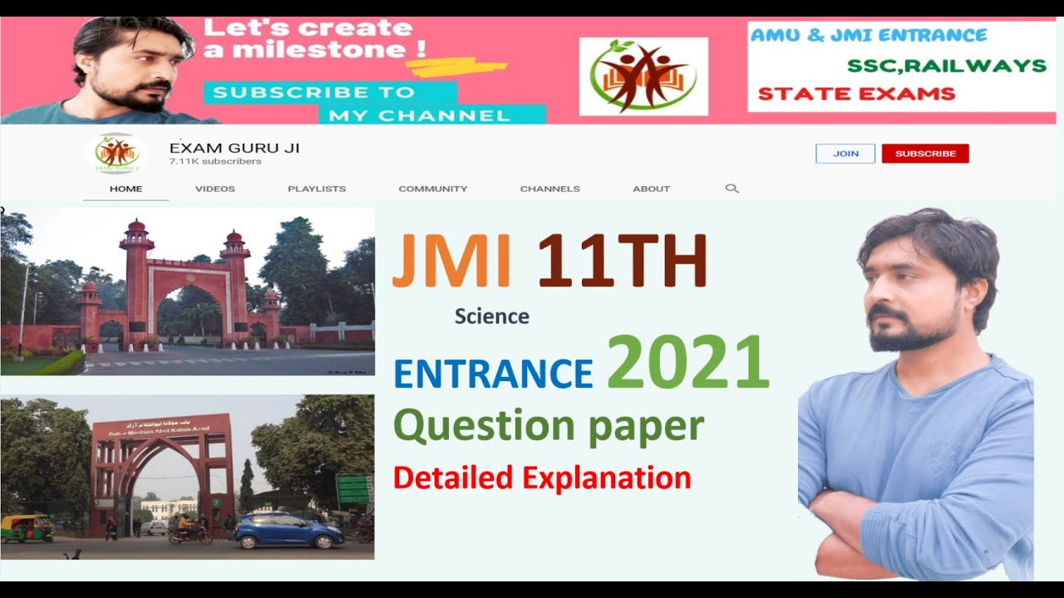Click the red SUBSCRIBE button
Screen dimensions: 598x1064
(x=925, y=154)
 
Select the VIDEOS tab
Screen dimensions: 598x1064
(x=215, y=189)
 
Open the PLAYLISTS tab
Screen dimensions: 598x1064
(x=317, y=189)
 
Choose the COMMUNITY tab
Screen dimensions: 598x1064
(x=433, y=189)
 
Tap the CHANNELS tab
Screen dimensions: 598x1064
(x=550, y=189)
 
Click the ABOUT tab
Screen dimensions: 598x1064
(x=652, y=189)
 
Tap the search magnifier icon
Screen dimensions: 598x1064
(x=731, y=189)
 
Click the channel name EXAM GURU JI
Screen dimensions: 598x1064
(x=234, y=148)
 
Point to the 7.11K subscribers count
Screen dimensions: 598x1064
(x=215, y=161)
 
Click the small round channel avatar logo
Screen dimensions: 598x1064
(x=116, y=154)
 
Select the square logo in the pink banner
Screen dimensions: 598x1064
(x=643, y=76)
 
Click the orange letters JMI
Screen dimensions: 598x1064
(x=451, y=261)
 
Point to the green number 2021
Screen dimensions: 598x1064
(x=687, y=362)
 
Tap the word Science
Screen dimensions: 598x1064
(x=491, y=316)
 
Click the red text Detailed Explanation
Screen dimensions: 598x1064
(x=542, y=478)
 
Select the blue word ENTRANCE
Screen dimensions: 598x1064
(x=493, y=373)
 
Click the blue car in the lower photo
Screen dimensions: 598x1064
(x=288, y=532)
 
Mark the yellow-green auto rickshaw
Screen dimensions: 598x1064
(x=25, y=528)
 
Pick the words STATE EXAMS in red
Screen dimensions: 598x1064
(x=856, y=93)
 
